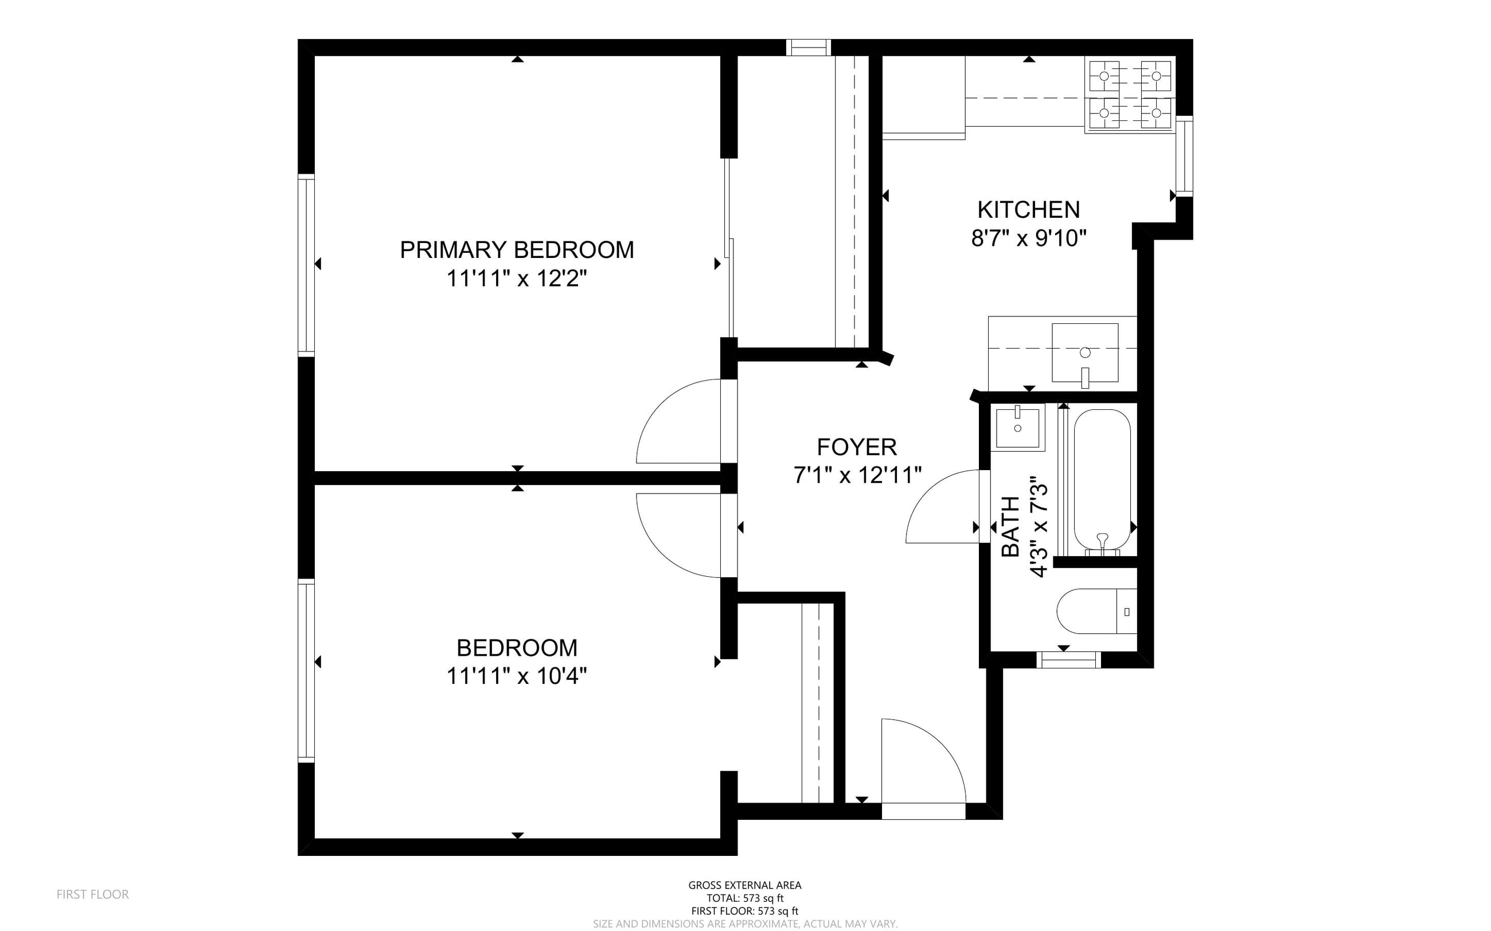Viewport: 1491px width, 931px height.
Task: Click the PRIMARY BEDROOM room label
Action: [x=517, y=249]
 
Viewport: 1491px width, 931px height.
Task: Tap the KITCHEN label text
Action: [x=1028, y=210]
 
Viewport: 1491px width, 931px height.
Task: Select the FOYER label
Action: [x=857, y=447]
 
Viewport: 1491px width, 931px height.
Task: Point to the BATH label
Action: [x=1010, y=527]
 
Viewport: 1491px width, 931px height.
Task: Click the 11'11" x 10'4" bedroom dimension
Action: [x=517, y=676]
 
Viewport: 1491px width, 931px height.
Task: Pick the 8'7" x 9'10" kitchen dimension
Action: [x=1028, y=238]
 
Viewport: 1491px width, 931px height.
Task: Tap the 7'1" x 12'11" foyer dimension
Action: [x=857, y=475]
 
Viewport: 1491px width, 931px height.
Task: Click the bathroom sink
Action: [x=1017, y=427]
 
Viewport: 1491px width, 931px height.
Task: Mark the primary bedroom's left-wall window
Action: [x=306, y=265]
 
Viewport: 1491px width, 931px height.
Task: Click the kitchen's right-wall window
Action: [x=1184, y=156]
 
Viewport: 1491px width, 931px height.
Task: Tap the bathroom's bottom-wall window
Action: [x=1068, y=660]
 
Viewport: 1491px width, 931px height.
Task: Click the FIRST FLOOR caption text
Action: [x=93, y=894]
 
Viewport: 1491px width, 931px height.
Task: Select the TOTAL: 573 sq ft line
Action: [x=745, y=898]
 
